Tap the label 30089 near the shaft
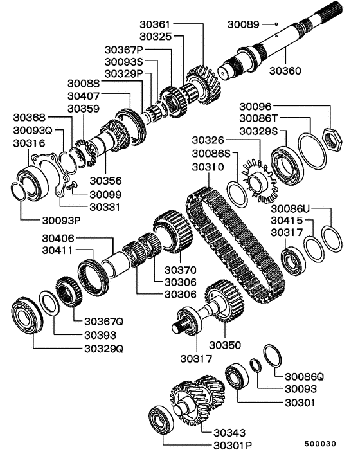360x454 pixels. [244, 24]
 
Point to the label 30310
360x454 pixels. [207, 167]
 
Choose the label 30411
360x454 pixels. [59, 250]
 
